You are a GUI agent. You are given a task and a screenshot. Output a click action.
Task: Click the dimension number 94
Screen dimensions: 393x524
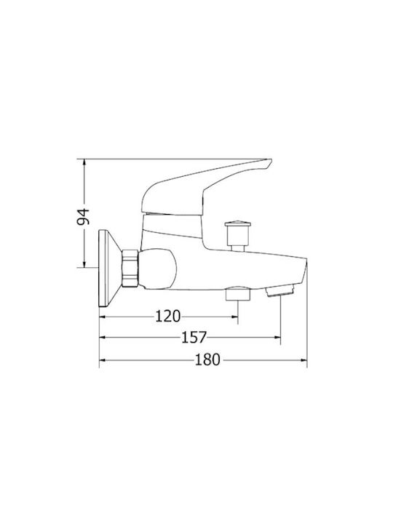pos(83,217)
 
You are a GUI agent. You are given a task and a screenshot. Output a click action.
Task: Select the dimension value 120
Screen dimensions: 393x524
pos(168,316)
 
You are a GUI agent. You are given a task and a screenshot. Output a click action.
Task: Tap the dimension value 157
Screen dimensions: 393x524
pos(194,338)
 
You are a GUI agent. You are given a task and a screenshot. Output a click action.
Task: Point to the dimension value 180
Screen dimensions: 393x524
pos(207,360)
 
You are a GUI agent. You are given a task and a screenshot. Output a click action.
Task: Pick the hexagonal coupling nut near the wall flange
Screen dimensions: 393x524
pos(131,268)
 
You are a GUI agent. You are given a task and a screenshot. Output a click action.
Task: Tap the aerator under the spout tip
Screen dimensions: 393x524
pos(280,290)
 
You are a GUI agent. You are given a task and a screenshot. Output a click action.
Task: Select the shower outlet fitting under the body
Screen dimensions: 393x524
pos(238,293)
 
